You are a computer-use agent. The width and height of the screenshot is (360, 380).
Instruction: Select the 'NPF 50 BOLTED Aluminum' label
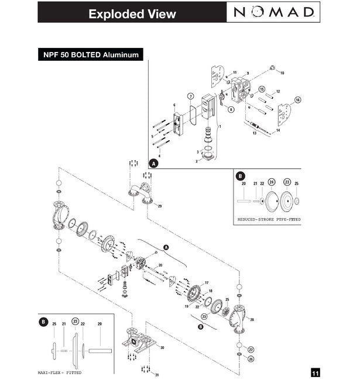coord(90,56)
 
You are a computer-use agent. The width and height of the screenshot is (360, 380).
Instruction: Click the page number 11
coord(315,372)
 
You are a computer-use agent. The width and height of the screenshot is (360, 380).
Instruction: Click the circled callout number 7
coord(190,95)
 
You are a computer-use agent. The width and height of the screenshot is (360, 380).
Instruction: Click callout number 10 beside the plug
coord(282,73)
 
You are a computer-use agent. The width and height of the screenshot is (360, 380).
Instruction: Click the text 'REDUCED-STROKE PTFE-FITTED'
coord(269,220)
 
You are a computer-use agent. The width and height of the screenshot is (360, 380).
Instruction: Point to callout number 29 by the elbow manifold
coord(160,206)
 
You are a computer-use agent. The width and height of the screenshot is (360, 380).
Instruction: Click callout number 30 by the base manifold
coord(162,348)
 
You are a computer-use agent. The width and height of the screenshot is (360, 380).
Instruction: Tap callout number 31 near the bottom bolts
coord(156,374)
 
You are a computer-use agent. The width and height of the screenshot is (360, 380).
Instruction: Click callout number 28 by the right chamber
coord(251,319)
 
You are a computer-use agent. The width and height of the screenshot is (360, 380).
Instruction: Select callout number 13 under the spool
coord(254,134)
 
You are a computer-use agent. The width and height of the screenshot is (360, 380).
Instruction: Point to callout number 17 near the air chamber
coord(206,284)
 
